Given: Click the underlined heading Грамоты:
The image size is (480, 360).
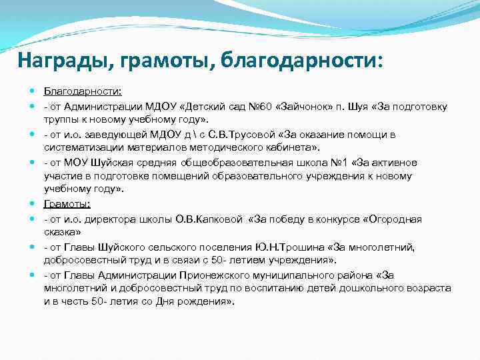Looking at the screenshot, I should (67, 204).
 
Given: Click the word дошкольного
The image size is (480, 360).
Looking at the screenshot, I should (369, 288).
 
